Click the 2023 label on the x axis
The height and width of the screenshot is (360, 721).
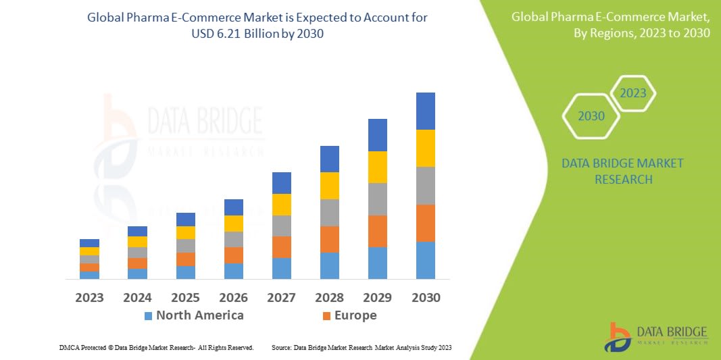(89, 297)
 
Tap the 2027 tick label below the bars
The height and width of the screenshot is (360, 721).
(282, 297)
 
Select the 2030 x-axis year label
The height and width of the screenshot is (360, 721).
(426, 297)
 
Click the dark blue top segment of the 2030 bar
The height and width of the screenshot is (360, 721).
(426, 111)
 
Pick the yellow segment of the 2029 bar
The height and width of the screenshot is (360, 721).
(378, 167)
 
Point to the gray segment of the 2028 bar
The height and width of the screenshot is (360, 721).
(330, 212)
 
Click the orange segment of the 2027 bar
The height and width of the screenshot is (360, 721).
(282, 247)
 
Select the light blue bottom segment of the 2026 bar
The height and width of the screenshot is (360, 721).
(234, 271)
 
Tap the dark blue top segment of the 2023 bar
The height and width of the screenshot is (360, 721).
(89, 243)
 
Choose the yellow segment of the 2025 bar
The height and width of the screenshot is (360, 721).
(186, 232)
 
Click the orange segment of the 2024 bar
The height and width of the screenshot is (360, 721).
(137, 263)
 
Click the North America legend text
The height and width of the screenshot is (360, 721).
(199, 315)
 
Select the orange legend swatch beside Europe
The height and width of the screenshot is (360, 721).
(327, 316)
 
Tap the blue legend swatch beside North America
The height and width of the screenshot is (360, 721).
(148, 316)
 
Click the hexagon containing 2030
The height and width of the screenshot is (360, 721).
(591, 116)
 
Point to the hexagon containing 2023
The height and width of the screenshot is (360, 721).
(633, 93)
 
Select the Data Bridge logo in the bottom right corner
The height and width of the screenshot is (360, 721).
(655, 336)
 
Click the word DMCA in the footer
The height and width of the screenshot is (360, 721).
(69, 347)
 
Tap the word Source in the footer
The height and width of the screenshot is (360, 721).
(281, 347)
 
